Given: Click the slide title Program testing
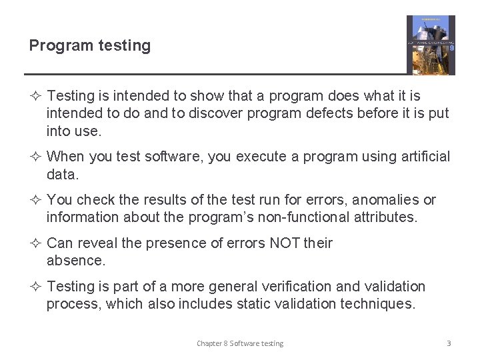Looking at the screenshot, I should [89, 45].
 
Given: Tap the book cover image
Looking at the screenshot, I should [431, 45].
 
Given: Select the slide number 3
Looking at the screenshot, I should [449, 343].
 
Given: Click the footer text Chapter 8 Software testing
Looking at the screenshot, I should [239, 343].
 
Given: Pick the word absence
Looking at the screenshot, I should [75, 261].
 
